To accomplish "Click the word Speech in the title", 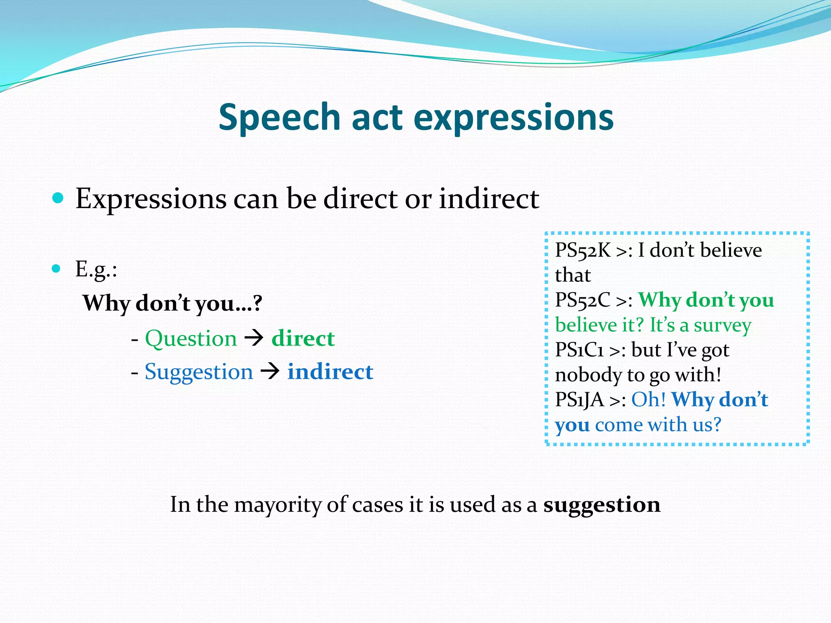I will point(279,118).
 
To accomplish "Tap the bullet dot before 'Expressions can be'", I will point(58,198).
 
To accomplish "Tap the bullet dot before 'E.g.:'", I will point(56,269).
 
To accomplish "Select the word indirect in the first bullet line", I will point(489,199).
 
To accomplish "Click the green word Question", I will point(191,338).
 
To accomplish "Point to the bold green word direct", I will point(303,338).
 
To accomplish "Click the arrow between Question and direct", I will point(254,338).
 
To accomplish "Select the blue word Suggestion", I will point(199,372).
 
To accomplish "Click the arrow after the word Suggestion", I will point(270,371).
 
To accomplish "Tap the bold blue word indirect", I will point(330,372).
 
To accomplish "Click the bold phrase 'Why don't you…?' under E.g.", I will point(172,303).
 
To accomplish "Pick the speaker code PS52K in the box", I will point(582,250).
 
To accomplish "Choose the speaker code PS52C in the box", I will point(582,300).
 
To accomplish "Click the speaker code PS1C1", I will point(579,350).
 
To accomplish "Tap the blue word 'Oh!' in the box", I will point(648,400).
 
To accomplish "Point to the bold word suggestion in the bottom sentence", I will point(602,505).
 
